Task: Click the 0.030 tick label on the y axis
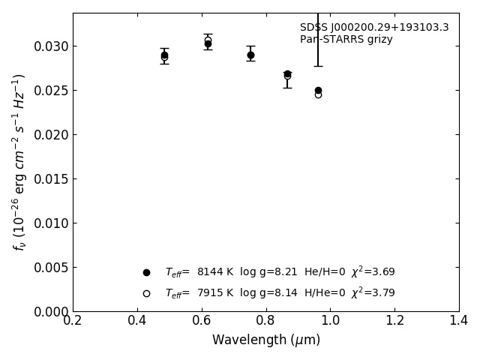[x=49, y=46]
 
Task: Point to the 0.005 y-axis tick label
[x=49, y=268]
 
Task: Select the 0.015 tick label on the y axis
[x=49, y=179]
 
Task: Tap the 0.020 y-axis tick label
[x=49, y=135]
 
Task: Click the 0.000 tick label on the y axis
[x=49, y=312]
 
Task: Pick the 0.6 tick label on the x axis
[x=202, y=321]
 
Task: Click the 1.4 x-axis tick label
[x=459, y=321]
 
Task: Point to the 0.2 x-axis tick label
[x=73, y=321]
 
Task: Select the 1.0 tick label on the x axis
[x=330, y=321]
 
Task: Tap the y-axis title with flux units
[x=19, y=162]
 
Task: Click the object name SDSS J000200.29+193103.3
[x=374, y=28]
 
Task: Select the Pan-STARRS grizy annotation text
[x=346, y=40]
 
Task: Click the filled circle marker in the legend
[x=147, y=273]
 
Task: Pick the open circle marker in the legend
[x=147, y=293]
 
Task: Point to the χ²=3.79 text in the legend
[x=373, y=293]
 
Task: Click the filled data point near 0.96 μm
[x=318, y=90]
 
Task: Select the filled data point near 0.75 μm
[x=250, y=55]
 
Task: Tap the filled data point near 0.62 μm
[x=208, y=43]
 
